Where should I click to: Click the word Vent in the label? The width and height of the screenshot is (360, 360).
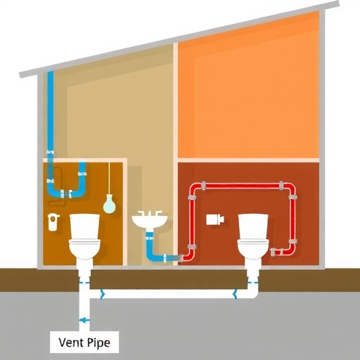tap(71, 342)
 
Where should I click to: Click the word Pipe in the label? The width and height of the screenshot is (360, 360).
tap(98, 343)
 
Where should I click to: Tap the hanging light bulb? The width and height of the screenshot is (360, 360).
tap(110, 204)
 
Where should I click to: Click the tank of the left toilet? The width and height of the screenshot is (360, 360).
tap(85, 226)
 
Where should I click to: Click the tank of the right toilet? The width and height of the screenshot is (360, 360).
tap(253, 226)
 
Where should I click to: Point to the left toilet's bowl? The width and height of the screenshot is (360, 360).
tap(84, 249)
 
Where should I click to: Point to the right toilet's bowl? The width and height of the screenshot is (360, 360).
tap(253, 249)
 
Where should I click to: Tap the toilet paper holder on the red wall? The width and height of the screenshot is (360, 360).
tap(215, 219)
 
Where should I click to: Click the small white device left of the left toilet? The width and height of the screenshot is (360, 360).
tap(53, 221)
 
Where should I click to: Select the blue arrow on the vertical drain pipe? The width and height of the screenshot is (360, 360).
tap(84, 320)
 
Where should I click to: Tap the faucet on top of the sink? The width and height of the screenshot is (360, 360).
tap(150, 213)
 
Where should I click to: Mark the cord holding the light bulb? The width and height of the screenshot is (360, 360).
tap(109, 178)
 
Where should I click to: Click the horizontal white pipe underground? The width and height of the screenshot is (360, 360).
tap(169, 294)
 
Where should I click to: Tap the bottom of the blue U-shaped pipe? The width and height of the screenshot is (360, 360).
tap(67, 194)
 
